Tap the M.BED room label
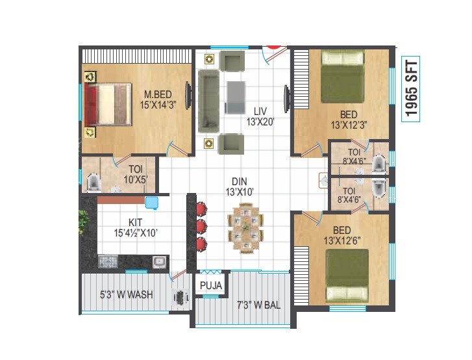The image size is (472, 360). [158, 98]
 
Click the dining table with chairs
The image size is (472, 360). [246, 228]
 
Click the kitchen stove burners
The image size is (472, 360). [107, 262]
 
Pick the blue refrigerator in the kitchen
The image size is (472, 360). [152, 203]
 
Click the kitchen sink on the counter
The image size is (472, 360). [158, 262]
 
